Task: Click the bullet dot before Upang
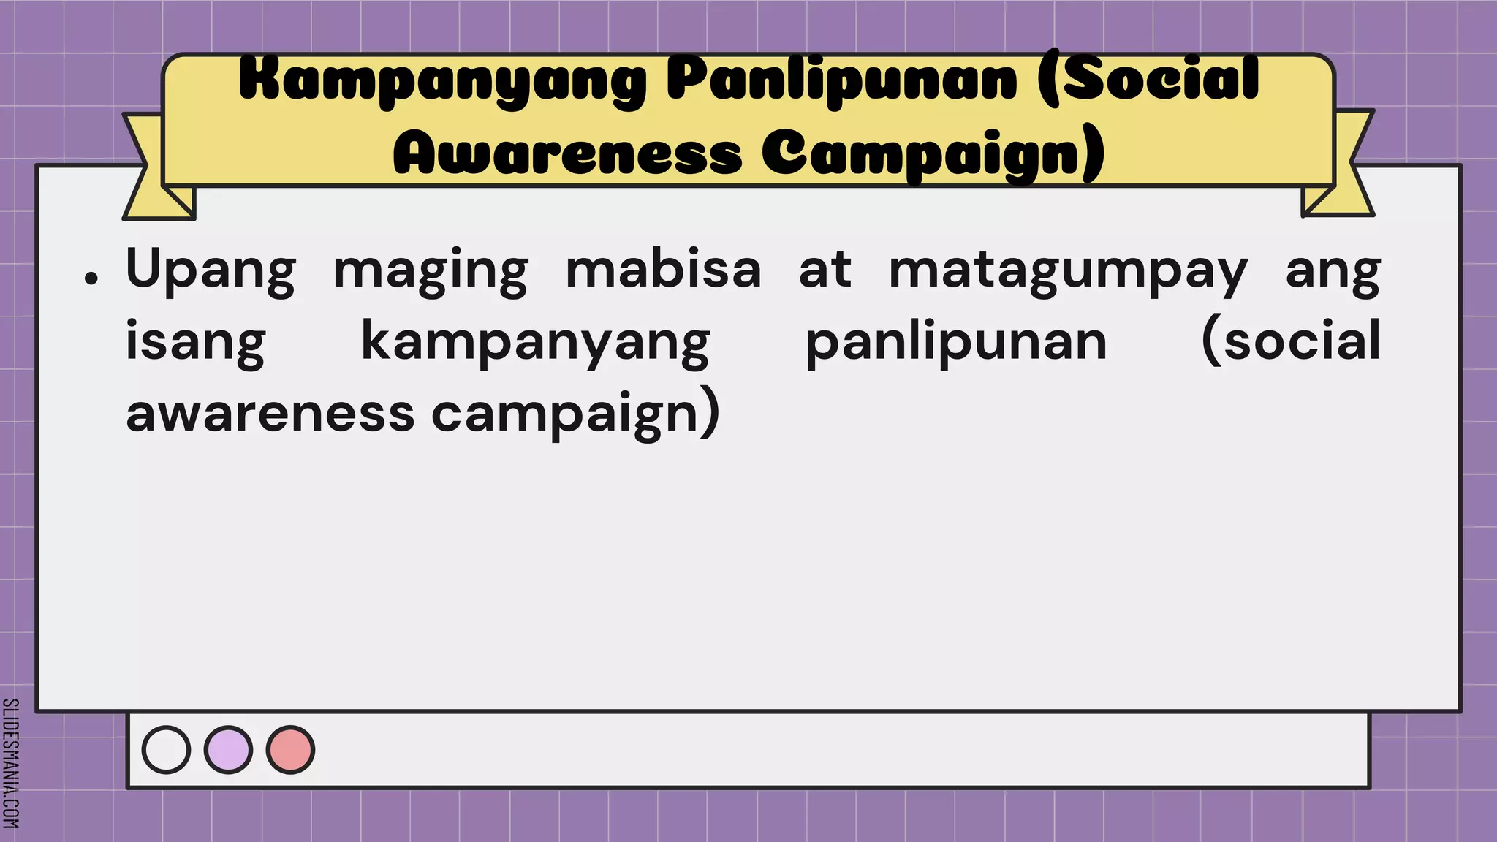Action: [x=91, y=278]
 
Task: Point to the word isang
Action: [x=195, y=342]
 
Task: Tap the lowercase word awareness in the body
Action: [x=270, y=414]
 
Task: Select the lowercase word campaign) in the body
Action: [x=576, y=414]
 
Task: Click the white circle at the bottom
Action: [x=166, y=750]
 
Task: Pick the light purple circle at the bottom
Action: [x=228, y=750]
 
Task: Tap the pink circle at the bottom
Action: [x=290, y=750]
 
